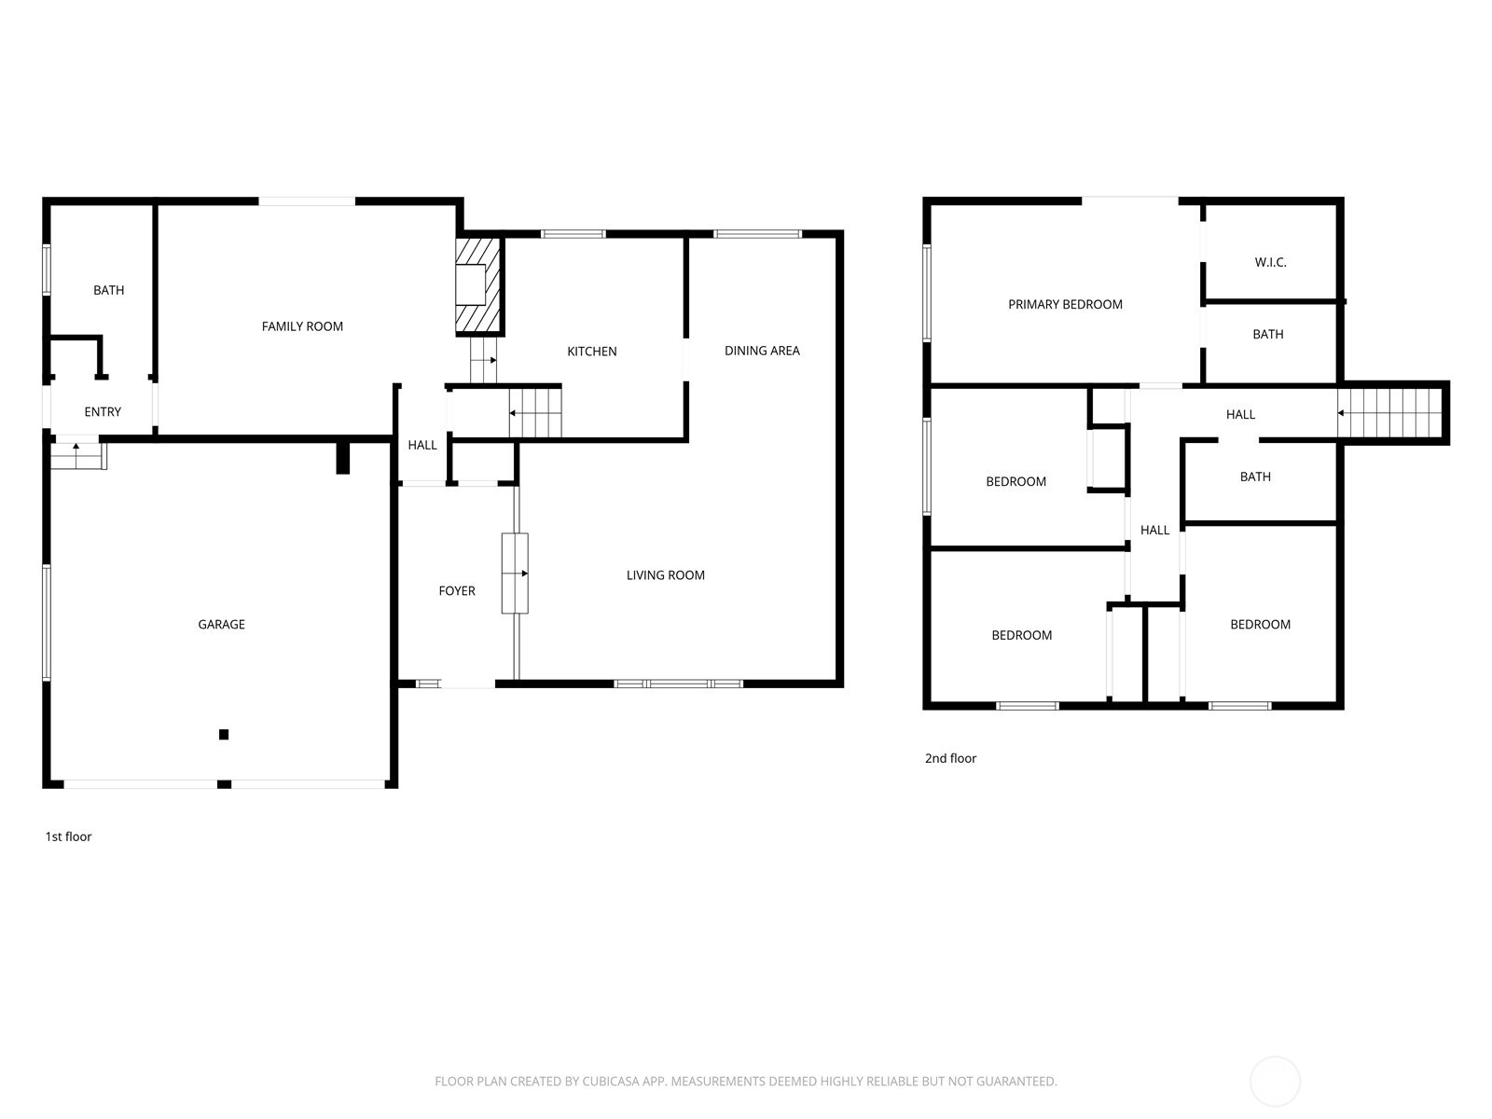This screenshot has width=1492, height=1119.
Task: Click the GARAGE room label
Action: (221, 625)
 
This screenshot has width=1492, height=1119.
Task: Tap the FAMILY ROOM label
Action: (302, 326)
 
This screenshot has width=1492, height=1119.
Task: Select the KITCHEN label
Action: (592, 352)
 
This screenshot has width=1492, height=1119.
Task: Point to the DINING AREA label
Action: (762, 351)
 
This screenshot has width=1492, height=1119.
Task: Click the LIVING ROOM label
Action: (666, 575)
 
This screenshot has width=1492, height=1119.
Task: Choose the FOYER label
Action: (457, 591)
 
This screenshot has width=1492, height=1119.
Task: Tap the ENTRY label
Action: (103, 412)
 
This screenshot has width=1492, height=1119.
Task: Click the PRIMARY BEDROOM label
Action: (1065, 304)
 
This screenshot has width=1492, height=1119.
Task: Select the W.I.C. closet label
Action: (1270, 262)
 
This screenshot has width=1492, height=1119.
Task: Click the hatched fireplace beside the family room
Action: (479, 285)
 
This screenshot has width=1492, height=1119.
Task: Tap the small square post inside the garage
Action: (224, 735)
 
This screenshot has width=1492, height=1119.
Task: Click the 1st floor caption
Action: (69, 837)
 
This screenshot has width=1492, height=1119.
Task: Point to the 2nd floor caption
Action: (950, 758)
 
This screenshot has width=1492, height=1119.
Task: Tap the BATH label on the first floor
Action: (109, 290)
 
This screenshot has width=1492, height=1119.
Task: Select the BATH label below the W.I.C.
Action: (1268, 334)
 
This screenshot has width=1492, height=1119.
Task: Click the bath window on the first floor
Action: (47, 269)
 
